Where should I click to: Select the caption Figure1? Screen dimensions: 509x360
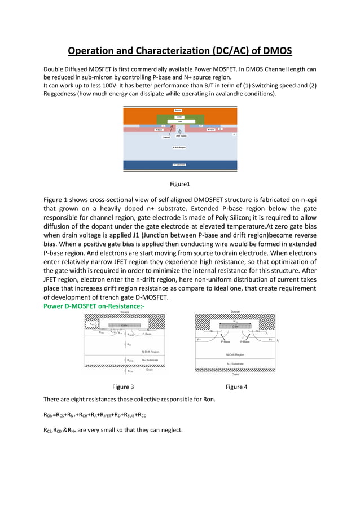[180, 183]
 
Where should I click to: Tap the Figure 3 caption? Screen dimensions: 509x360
[123, 387]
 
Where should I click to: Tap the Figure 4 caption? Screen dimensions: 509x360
[236, 387]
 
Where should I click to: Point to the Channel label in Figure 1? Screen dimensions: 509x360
[166, 137]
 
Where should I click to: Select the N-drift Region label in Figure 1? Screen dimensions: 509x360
[179, 147]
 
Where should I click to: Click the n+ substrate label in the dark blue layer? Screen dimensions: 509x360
[179, 165]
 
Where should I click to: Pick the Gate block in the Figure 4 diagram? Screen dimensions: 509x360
[235, 326]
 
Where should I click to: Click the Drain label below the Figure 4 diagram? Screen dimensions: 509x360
[236, 373]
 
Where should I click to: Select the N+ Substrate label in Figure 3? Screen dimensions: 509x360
[150, 359]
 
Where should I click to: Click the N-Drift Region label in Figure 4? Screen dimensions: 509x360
[236, 354]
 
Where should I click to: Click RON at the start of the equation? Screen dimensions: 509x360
[49, 415]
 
